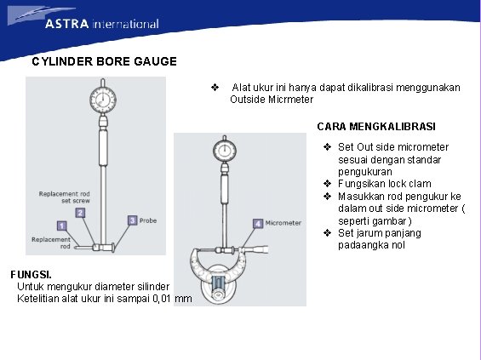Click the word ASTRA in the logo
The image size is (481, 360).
(x=67, y=24)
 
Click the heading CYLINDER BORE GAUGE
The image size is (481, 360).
(x=105, y=61)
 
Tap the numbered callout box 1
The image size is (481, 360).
(x=62, y=226)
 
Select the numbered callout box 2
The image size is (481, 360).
(x=80, y=213)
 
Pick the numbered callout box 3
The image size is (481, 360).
(x=132, y=220)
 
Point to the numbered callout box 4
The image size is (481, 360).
(x=258, y=224)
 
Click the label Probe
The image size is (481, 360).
(x=148, y=220)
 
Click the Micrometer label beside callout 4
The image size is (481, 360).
(x=283, y=223)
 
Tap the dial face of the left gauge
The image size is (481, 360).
(x=103, y=100)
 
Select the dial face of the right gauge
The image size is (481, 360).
(x=225, y=151)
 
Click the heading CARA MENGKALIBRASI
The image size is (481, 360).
(x=376, y=127)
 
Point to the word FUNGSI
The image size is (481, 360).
(x=31, y=274)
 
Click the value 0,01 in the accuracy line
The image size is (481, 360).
(x=162, y=299)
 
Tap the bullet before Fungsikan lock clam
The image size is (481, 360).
(x=327, y=184)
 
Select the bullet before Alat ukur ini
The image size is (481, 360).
(x=215, y=88)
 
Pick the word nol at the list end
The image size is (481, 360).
(x=398, y=245)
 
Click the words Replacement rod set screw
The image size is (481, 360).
(x=65, y=197)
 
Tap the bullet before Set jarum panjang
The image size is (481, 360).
(x=327, y=233)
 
